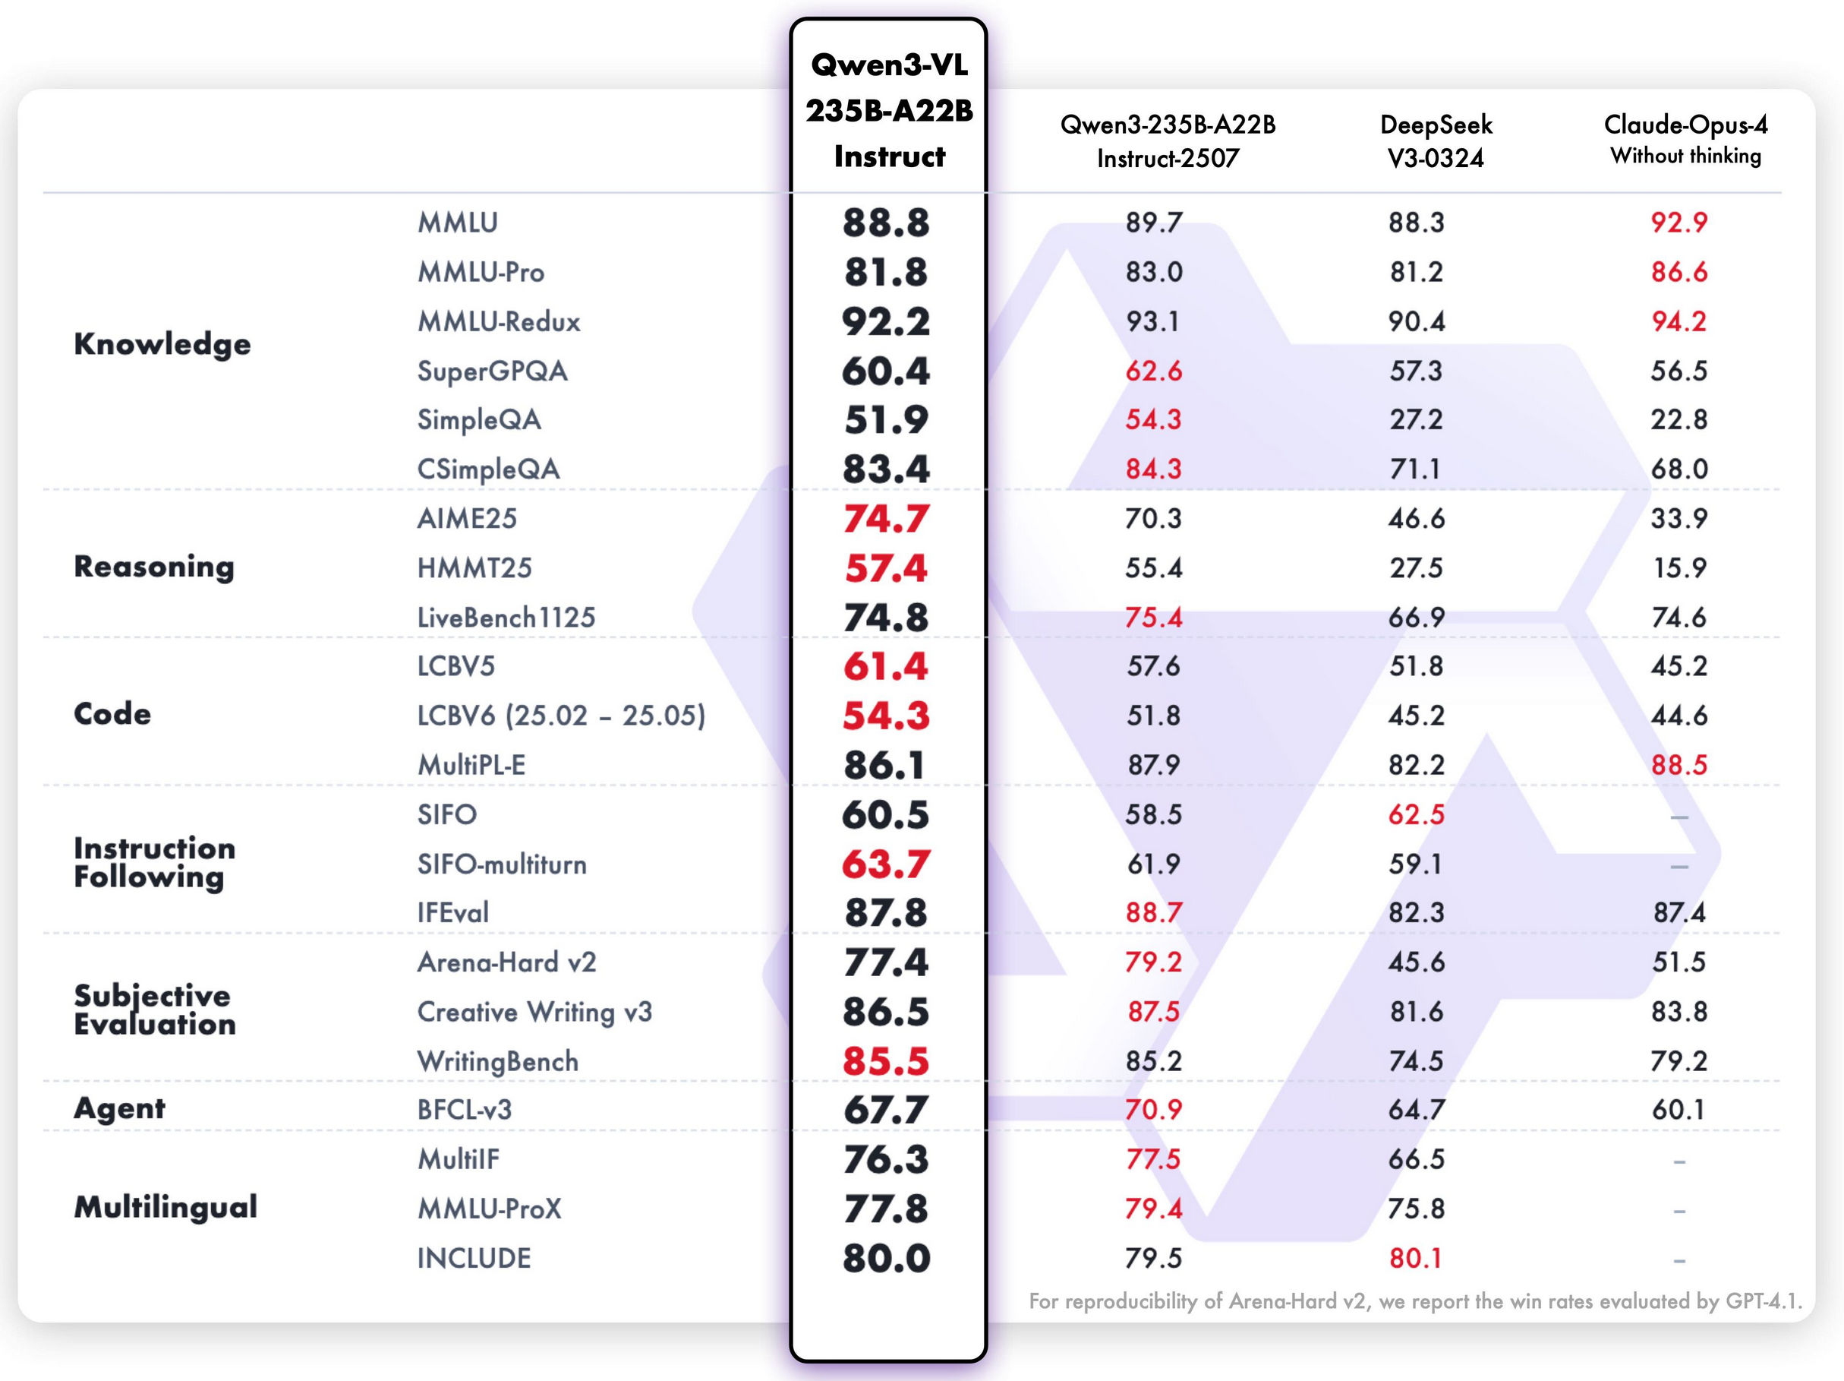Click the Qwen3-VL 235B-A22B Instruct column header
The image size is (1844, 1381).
click(889, 110)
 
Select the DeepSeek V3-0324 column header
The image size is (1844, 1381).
click(1436, 141)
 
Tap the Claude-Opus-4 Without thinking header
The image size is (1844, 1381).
click(1685, 139)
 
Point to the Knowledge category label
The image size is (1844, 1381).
click(162, 343)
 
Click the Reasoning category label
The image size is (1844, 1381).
click(154, 566)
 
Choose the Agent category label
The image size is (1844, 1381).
click(119, 1108)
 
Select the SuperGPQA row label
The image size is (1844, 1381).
click(492, 370)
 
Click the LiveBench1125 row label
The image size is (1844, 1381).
click(506, 617)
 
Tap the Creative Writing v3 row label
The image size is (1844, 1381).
click(534, 1012)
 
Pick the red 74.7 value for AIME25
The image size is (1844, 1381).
click(885, 519)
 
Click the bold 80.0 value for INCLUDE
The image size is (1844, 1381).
click(885, 1259)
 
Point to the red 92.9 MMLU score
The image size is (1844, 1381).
click(1679, 223)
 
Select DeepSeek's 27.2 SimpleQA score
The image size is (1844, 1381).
click(1416, 419)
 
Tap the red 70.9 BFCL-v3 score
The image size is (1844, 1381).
click(1153, 1110)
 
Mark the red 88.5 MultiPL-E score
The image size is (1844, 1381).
click(1679, 765)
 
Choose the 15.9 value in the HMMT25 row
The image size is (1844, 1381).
click(1679, 568)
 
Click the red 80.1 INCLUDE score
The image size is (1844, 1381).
click(1416, 1259)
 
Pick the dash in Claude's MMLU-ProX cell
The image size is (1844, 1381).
click(1679, 1211)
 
